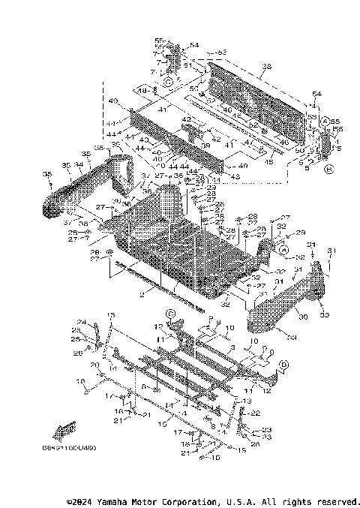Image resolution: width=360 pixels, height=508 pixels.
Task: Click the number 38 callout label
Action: coord(266,67)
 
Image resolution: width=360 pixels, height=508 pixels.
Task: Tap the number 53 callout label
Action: coord(222,53)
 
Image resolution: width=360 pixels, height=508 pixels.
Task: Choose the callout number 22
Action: coord(256,413)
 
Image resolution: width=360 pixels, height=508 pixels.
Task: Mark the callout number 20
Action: coord(95,365)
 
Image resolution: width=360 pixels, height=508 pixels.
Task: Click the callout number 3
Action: coord(233,348)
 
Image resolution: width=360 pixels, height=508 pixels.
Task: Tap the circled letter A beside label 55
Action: coord(325,120)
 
